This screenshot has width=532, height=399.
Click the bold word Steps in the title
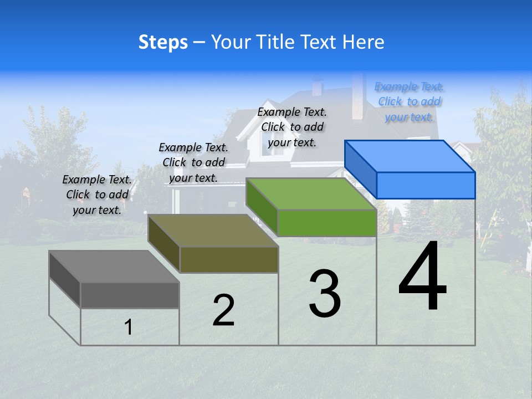point(163,42)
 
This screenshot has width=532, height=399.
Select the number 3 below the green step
point(325,294)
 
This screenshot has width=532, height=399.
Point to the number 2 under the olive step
point(223,310)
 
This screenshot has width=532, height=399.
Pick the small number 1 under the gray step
point(129,327)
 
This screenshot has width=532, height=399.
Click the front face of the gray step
point(130,295)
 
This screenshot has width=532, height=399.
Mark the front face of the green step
point(327,223)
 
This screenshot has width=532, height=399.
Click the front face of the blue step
point(426,185)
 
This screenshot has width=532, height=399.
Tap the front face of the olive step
point(229,259)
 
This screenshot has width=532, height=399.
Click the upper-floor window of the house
point(270,142)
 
